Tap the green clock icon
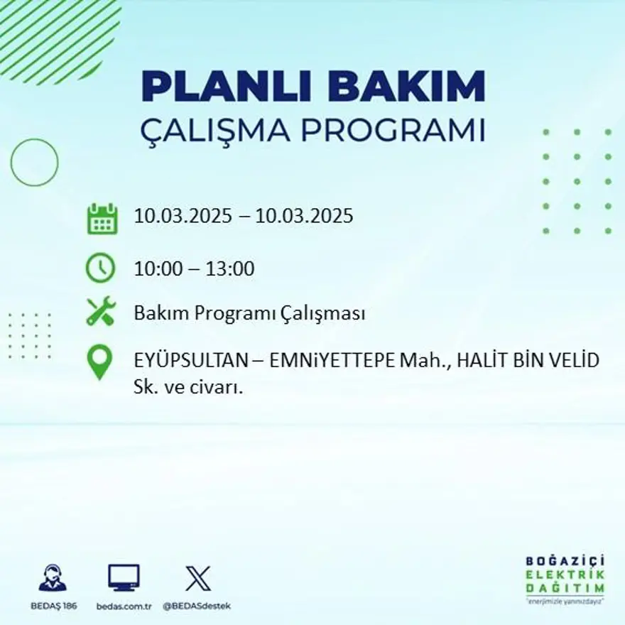click(x=100, y=268)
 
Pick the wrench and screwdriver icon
click(x=100, y=312)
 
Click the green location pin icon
click(x=99, y=362)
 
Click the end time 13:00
click(x=229, y=269)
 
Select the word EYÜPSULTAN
click(x=190, y=360)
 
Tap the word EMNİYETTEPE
click(x=331, y=360)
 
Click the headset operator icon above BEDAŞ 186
click(x=52, y=577)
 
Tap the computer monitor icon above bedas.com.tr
click(x=124, y=577)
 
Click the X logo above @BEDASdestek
click(x=198, y=577)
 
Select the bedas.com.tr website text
click(x=124, y=606)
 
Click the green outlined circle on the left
click(x=34, y=163)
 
